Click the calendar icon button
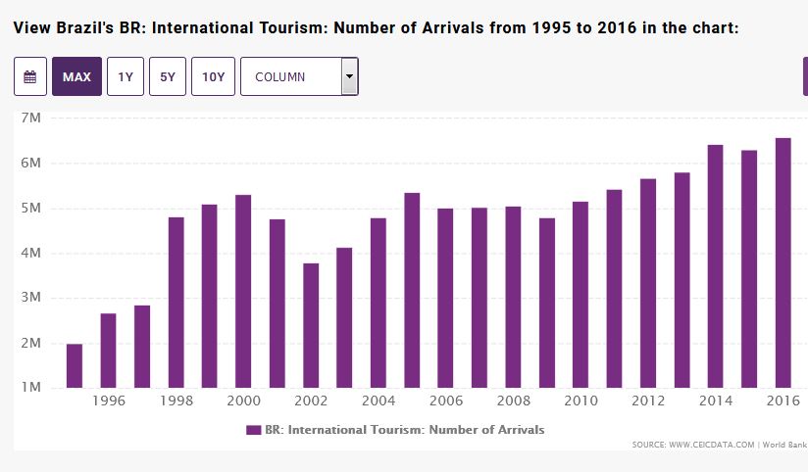(x=30, y=76)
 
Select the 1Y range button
(x=126, y=76)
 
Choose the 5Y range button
(x=168, y=76)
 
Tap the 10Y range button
(x=213, y=76)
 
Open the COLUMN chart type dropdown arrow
(x=349, y=76)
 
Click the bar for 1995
(x=75, y=365)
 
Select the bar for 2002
(x=310, y=325)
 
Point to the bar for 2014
(x=716, y=265)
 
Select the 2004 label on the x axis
(x=378, y=401)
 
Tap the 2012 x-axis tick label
(x=647, y=401)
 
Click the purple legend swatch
(x=253, y=430)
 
